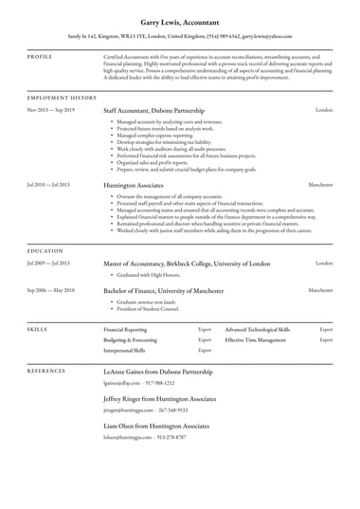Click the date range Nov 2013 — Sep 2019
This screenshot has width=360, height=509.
click(50, 110)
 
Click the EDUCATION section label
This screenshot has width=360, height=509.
click(45, 250)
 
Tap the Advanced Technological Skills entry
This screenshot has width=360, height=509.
click(258, 327)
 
